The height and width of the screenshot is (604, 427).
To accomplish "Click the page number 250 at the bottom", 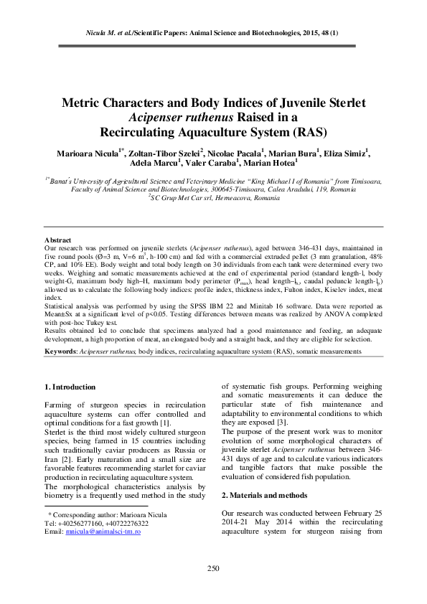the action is [x=213, y=569].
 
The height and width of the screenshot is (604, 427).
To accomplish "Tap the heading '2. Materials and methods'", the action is [x=264, y=495].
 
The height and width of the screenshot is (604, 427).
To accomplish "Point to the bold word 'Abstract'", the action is [x=58, y=240].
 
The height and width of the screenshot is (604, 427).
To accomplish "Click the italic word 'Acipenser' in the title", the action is [x=156, y=117].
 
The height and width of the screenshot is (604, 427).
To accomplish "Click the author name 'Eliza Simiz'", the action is [x=347, y=154].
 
